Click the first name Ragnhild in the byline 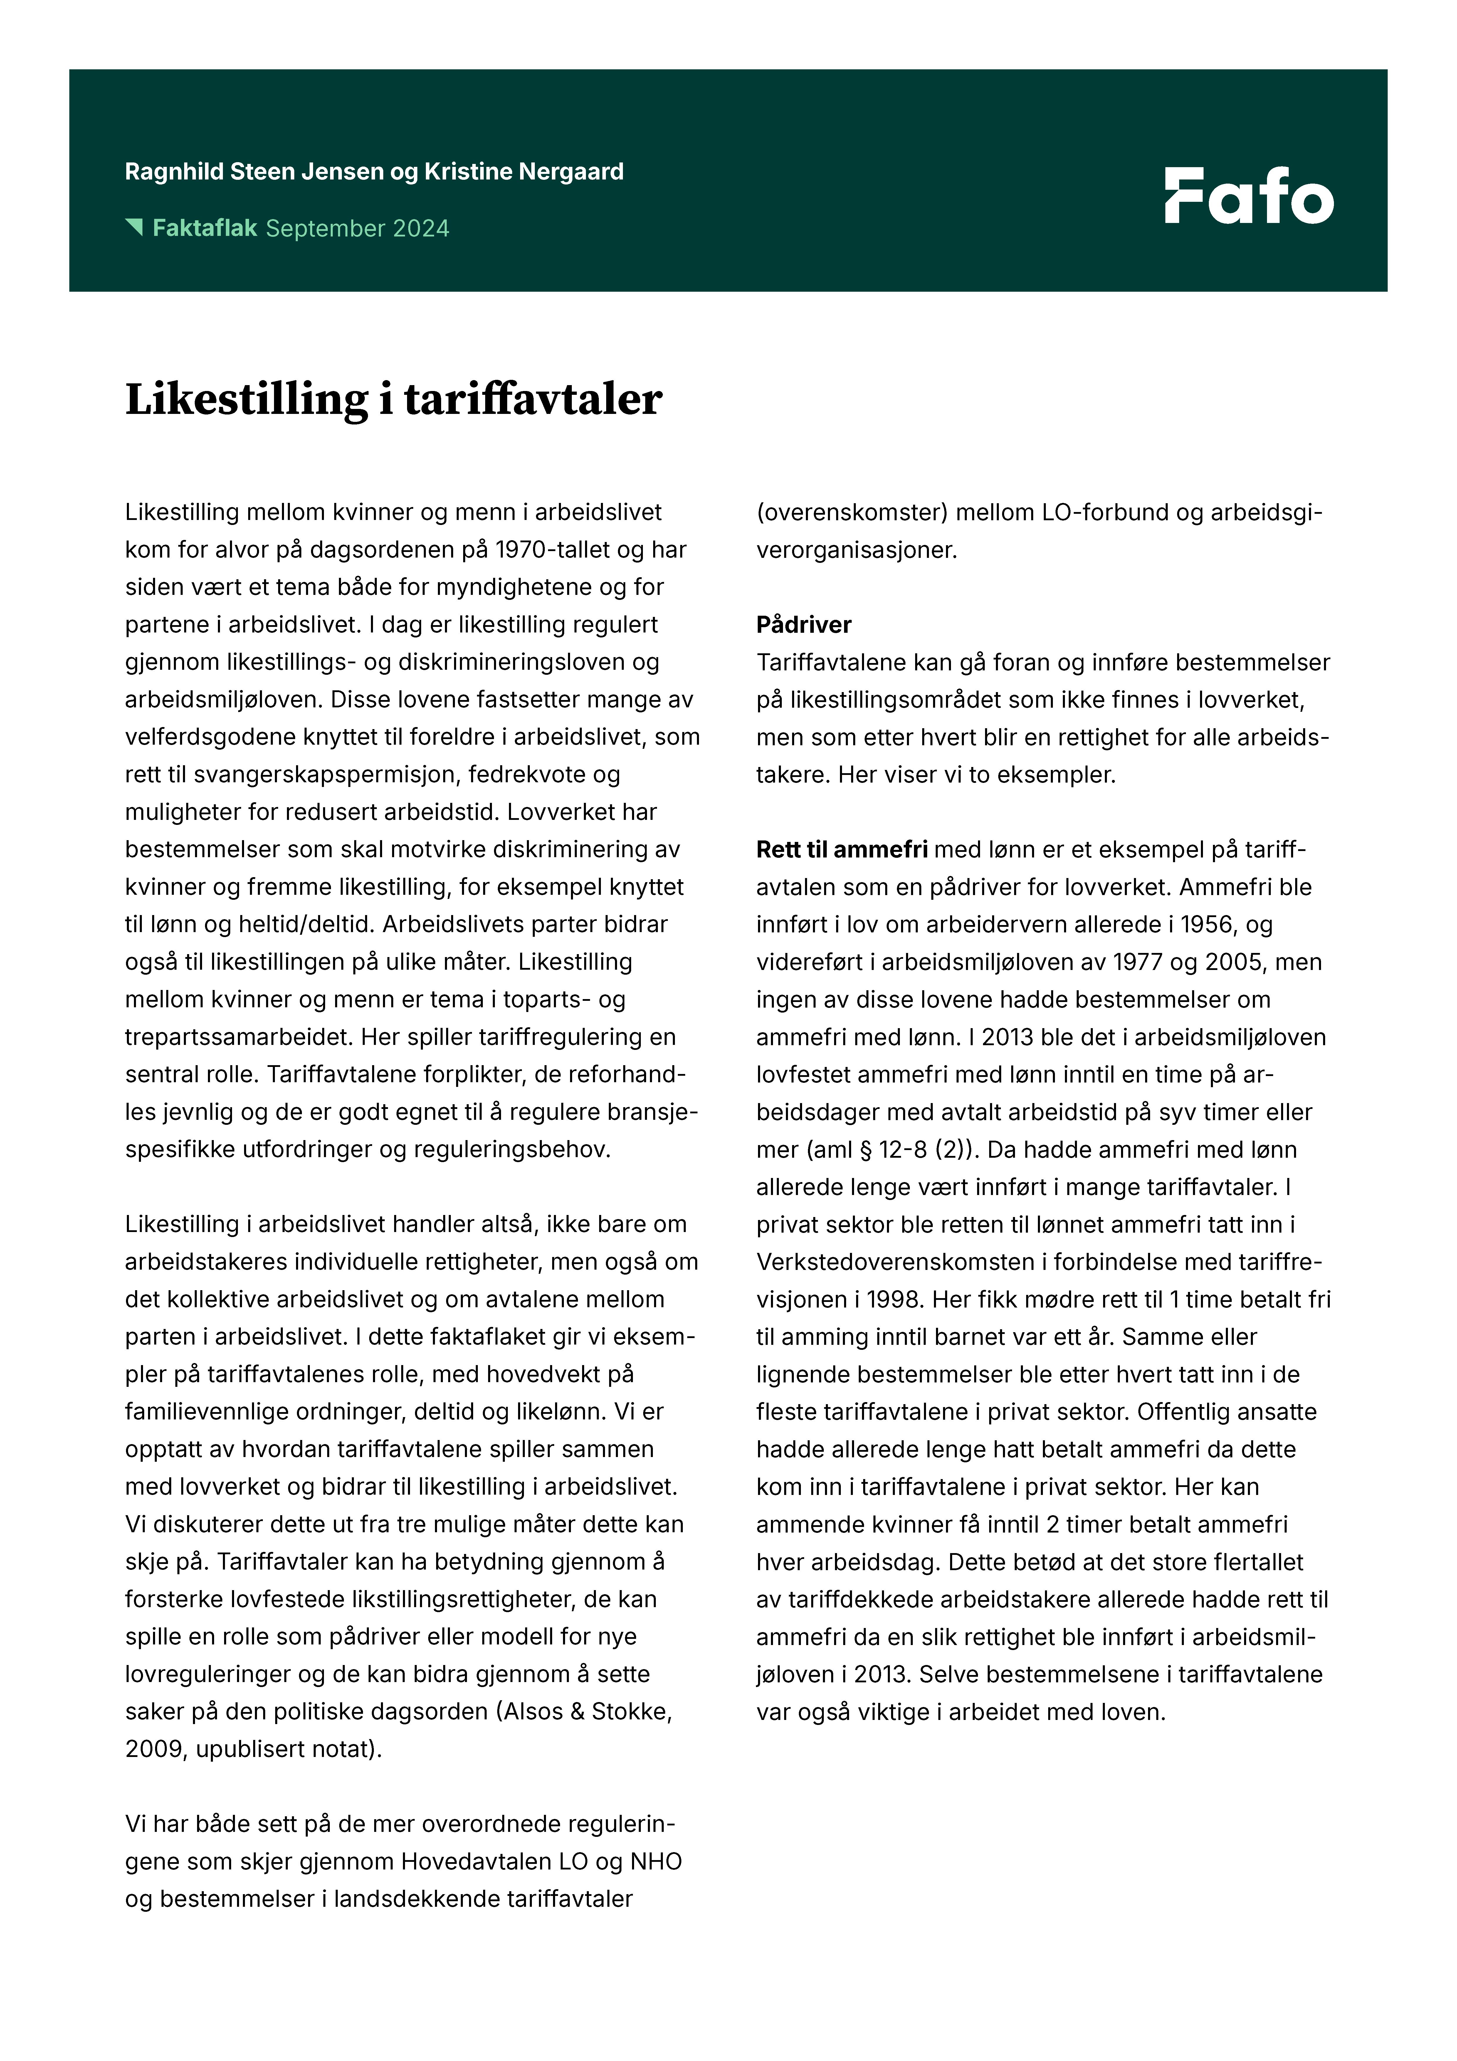pyautogui.click(x=174, y=172)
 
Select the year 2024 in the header pyautogui.click(x=420, y=229)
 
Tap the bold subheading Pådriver pyautogui.click(x=804, y=625)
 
